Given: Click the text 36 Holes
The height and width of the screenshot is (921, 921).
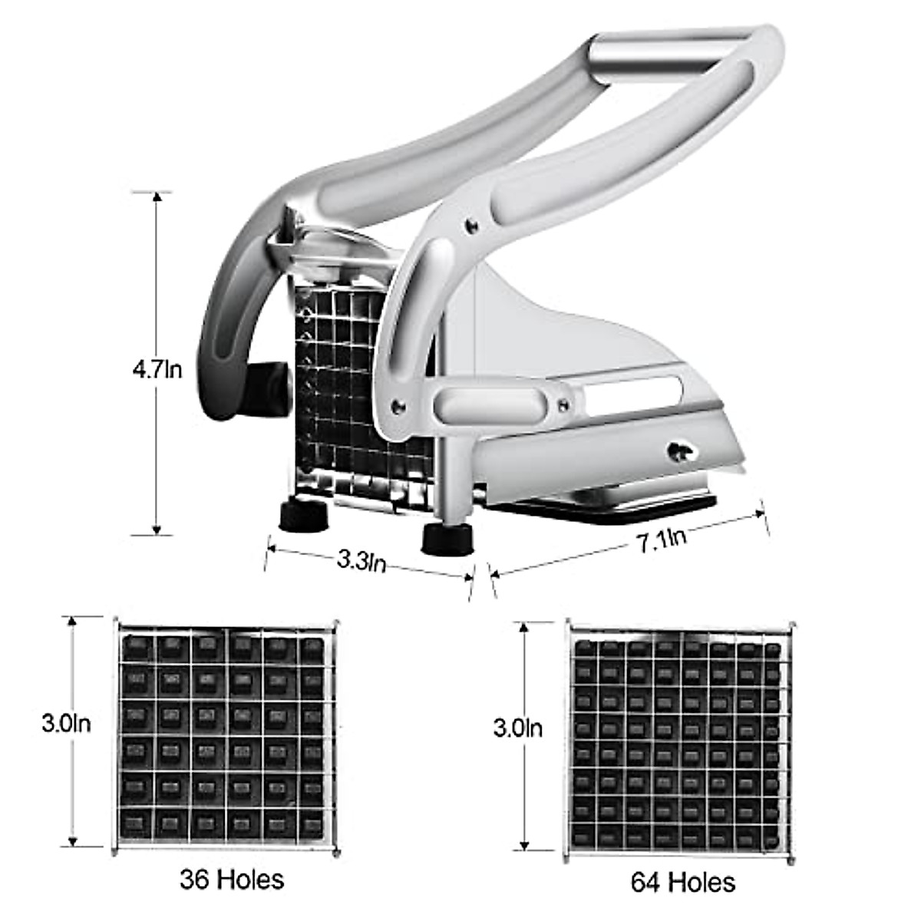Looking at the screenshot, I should (x=232, y=879).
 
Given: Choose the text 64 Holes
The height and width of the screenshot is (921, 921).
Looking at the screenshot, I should (x=682, y=882).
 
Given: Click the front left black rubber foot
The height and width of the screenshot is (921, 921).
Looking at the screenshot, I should (x=303, y=516).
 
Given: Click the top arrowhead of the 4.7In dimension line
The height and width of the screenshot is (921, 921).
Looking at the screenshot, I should (x=157, y=197).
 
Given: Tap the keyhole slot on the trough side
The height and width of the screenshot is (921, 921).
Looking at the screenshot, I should (x=678, y=452).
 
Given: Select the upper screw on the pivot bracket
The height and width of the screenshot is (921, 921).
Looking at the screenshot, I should (x=470, y=225).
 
